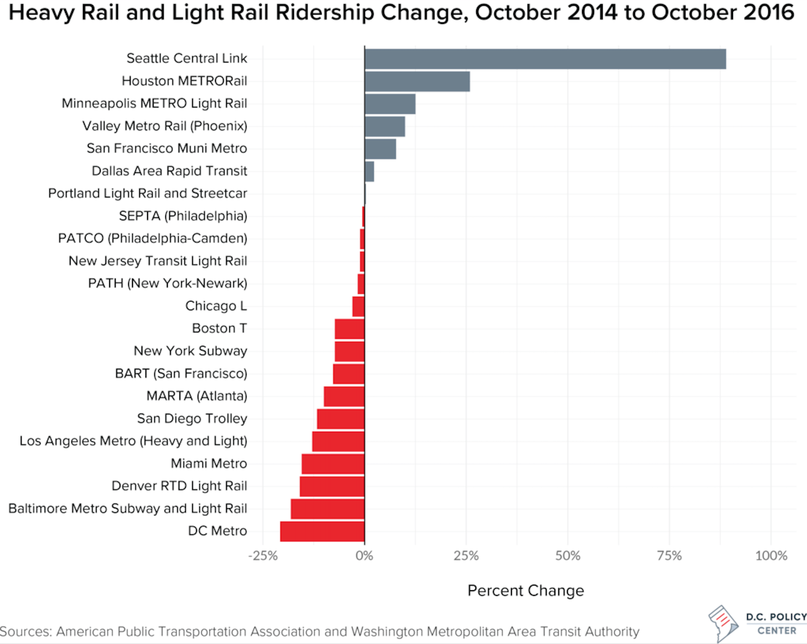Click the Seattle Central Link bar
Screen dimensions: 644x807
545,59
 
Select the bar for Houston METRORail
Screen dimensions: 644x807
417,82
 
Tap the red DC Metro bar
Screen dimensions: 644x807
322,531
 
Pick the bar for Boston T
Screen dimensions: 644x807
349,329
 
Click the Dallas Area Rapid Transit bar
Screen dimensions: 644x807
369,172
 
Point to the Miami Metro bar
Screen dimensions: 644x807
333,464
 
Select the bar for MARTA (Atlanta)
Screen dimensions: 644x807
344,396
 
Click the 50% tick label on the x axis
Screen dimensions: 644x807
567,556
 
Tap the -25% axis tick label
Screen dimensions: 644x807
262,556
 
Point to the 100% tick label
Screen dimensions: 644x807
771,556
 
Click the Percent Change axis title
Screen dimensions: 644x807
526,591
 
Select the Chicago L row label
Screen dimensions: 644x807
216,306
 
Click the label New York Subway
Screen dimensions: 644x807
190,351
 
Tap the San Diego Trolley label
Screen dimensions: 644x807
192,419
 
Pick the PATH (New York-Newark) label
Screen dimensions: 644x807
167,284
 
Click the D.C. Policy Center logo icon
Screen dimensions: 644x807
723,623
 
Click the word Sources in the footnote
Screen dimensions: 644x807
26,632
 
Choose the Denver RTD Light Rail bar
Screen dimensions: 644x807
332,486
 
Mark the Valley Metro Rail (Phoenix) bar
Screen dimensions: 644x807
385,126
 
